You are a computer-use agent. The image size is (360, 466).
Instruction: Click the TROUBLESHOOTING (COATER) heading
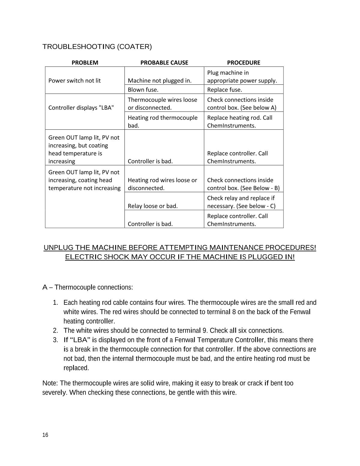97,47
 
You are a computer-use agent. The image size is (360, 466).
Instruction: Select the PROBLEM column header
85,62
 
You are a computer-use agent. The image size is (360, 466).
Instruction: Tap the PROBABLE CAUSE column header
164,62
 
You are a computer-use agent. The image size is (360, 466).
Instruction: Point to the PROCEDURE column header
243,62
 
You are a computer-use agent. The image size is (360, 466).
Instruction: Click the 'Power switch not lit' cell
74,80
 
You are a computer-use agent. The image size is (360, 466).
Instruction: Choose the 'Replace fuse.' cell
224,89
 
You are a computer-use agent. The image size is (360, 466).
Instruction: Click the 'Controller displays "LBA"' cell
81,107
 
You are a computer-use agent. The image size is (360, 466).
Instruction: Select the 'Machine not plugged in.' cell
159,80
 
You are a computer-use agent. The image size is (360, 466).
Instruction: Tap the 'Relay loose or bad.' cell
152,206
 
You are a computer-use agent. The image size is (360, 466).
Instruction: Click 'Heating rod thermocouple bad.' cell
162,121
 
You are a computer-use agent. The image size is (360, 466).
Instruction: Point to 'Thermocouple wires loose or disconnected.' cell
162,103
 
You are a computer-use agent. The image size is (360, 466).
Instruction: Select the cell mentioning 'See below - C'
241,202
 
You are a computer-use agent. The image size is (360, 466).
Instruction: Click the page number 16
45,435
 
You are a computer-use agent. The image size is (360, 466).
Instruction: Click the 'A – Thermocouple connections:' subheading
88,287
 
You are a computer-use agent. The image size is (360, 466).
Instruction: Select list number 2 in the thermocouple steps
55,331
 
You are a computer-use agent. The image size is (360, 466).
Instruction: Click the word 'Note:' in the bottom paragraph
50,383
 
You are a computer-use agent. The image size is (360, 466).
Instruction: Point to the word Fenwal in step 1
300,312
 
